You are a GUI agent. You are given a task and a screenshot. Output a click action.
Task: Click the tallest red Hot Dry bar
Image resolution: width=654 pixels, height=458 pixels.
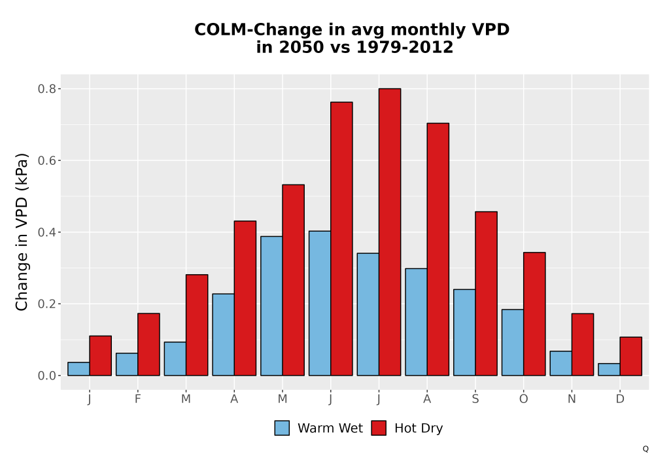point(390,232)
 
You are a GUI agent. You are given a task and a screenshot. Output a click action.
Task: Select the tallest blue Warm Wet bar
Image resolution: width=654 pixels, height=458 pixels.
point(320,303)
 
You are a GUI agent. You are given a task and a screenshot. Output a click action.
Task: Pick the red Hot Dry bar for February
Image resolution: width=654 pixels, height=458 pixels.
point(148,345)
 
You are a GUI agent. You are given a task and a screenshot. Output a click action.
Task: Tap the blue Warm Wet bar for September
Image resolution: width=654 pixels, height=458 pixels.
point(464,332)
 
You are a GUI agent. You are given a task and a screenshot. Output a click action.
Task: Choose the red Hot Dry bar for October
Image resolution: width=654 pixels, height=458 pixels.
point(534,313)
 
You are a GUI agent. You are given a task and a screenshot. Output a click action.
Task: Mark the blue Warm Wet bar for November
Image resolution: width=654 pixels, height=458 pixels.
point(560,363)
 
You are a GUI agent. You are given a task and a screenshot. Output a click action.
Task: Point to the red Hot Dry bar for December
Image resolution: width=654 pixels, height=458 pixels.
point(630,356)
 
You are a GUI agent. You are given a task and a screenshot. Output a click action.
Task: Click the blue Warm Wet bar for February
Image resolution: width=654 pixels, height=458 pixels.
point(127,364)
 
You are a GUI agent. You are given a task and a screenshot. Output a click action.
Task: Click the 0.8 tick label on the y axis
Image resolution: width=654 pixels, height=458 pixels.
point(46,89)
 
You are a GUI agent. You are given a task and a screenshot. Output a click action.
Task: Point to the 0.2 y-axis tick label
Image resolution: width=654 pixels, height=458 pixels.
point(46,304)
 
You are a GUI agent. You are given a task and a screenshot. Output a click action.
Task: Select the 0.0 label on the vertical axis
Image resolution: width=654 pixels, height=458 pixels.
point(46,376)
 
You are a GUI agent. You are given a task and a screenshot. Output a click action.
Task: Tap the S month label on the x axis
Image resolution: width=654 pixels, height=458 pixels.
point(475,399)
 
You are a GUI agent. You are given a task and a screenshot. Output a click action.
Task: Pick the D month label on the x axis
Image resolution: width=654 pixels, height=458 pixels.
point(620,399)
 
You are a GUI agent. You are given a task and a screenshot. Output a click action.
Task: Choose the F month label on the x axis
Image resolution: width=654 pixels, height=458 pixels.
point(137,399)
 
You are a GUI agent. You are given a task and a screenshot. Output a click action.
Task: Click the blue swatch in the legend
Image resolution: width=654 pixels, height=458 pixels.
point(282,428)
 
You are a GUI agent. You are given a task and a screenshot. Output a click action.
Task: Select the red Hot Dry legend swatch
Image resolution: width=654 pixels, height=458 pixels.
point(379,428)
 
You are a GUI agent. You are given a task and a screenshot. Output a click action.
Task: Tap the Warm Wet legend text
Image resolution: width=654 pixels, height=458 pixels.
point(330,428)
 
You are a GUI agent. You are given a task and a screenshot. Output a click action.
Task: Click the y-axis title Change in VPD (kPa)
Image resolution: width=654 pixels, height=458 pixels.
point(22,232)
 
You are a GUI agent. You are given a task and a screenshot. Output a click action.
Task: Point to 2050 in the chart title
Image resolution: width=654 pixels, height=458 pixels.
point(301,47)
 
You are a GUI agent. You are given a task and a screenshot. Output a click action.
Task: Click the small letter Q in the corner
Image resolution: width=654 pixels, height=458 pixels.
point(645,449)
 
